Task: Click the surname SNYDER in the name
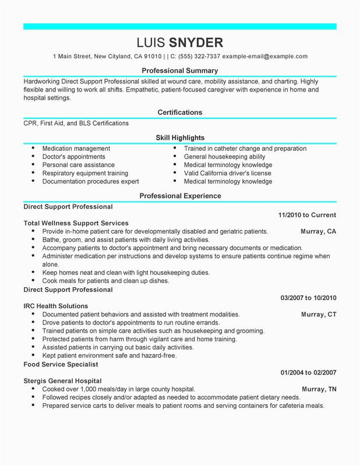[x=196, y=43]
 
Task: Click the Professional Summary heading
[x=180, y=70]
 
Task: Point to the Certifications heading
[x=180, y=112]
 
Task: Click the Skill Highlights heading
[x=180, y=138]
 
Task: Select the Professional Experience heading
[x=180, y=196]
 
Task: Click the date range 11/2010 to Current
[x=307, y=215]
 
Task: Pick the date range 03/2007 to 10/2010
[x=308, y=298]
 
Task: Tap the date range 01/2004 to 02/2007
[x=308, y=372]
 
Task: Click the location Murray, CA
[x=318, y=231]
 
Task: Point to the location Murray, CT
[x=318, y=314]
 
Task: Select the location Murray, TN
[x=318, y=389]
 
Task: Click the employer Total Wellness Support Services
[x=76, y=223]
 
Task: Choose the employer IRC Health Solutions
[x=56, y=306]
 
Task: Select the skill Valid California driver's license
[x=228, y=173]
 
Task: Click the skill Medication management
[x=76, y=149]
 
